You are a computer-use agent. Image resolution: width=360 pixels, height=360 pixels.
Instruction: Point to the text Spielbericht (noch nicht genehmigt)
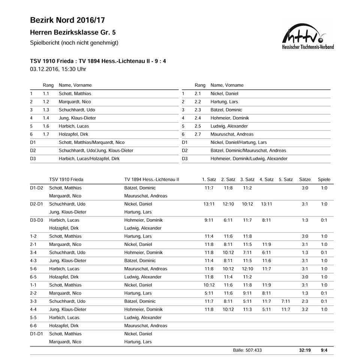[74, 43]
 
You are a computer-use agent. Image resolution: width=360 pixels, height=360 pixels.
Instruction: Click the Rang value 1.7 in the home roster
[46, 134]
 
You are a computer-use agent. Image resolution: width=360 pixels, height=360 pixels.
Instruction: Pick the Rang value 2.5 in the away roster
[198, 126]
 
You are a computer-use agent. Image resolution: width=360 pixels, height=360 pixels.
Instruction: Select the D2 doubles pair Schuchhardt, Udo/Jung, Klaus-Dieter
[96, 150]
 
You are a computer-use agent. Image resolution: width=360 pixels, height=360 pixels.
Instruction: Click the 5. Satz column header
[286, 180]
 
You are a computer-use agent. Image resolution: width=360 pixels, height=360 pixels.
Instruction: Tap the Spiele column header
[324, 180]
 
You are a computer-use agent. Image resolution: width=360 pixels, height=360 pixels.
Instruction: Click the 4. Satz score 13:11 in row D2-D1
[266, 204]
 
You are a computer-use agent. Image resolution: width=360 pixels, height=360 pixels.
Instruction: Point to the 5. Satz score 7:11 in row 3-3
[285, 301]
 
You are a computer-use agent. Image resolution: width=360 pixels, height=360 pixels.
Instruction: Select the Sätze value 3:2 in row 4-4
[304, 309]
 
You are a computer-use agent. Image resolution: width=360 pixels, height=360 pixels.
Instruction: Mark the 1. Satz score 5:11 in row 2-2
[209, 293]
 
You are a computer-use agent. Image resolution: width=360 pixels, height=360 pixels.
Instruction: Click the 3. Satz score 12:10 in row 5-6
[247, 269]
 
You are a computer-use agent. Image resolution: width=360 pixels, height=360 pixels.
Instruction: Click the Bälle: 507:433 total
[247, 350]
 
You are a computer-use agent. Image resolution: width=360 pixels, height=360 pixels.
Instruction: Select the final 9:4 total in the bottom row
[324, 350]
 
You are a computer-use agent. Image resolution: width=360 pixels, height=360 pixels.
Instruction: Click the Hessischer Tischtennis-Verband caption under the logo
[307, 47]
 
